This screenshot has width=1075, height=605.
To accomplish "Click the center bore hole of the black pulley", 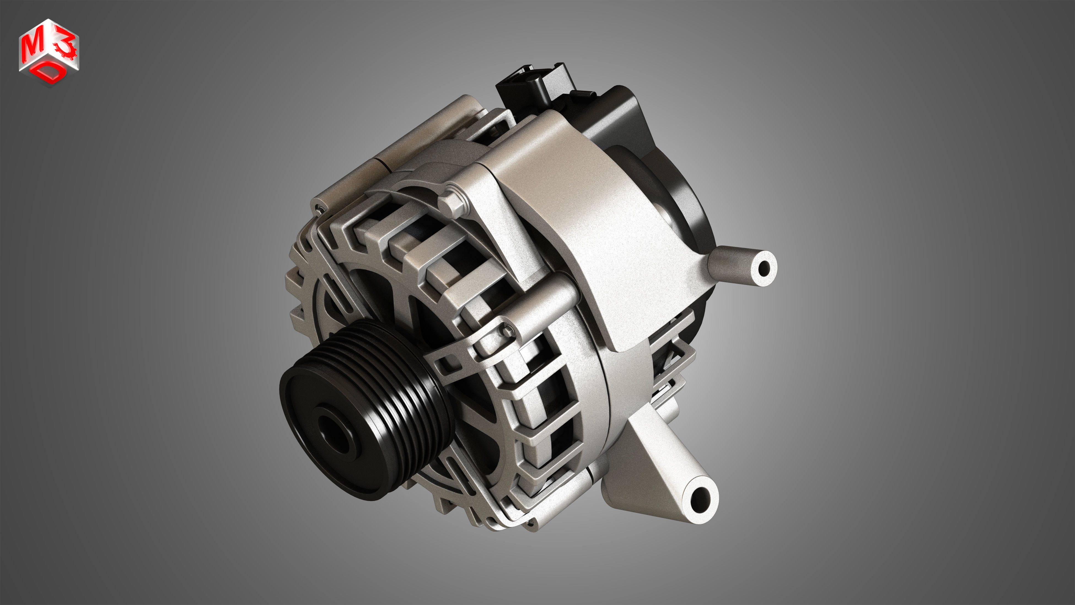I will pyautogui.click(x=336, y=435).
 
